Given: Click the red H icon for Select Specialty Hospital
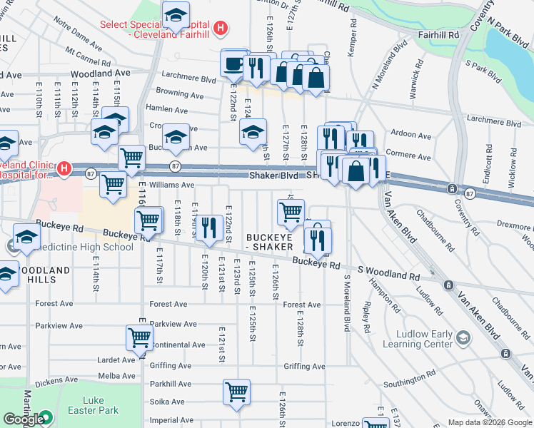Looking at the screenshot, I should [221, 29].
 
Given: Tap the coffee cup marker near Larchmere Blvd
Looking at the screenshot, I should [233, 64].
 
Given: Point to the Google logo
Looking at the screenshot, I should [24, 419].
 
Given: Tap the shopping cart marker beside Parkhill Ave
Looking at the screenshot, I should [236, 391].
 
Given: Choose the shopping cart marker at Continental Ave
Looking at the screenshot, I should [139, 337].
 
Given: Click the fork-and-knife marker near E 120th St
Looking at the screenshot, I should [208, 228].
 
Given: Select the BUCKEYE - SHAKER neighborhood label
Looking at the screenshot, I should [270, 242].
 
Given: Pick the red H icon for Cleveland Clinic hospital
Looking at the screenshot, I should [64, 169].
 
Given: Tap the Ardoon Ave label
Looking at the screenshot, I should [411, 136].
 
